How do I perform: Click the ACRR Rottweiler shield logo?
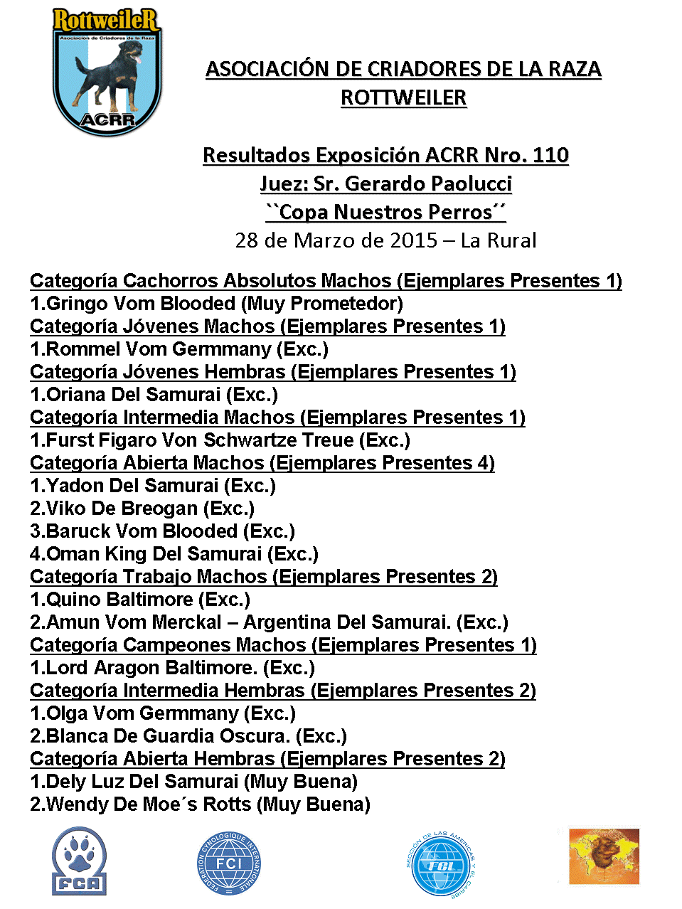tap(107, 71)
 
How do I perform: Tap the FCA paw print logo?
tap(79, 861)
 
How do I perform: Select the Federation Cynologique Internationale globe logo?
tap(229, 863)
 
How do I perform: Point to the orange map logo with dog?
tap(604, 856)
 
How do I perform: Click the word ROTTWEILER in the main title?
tap(403, 97)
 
